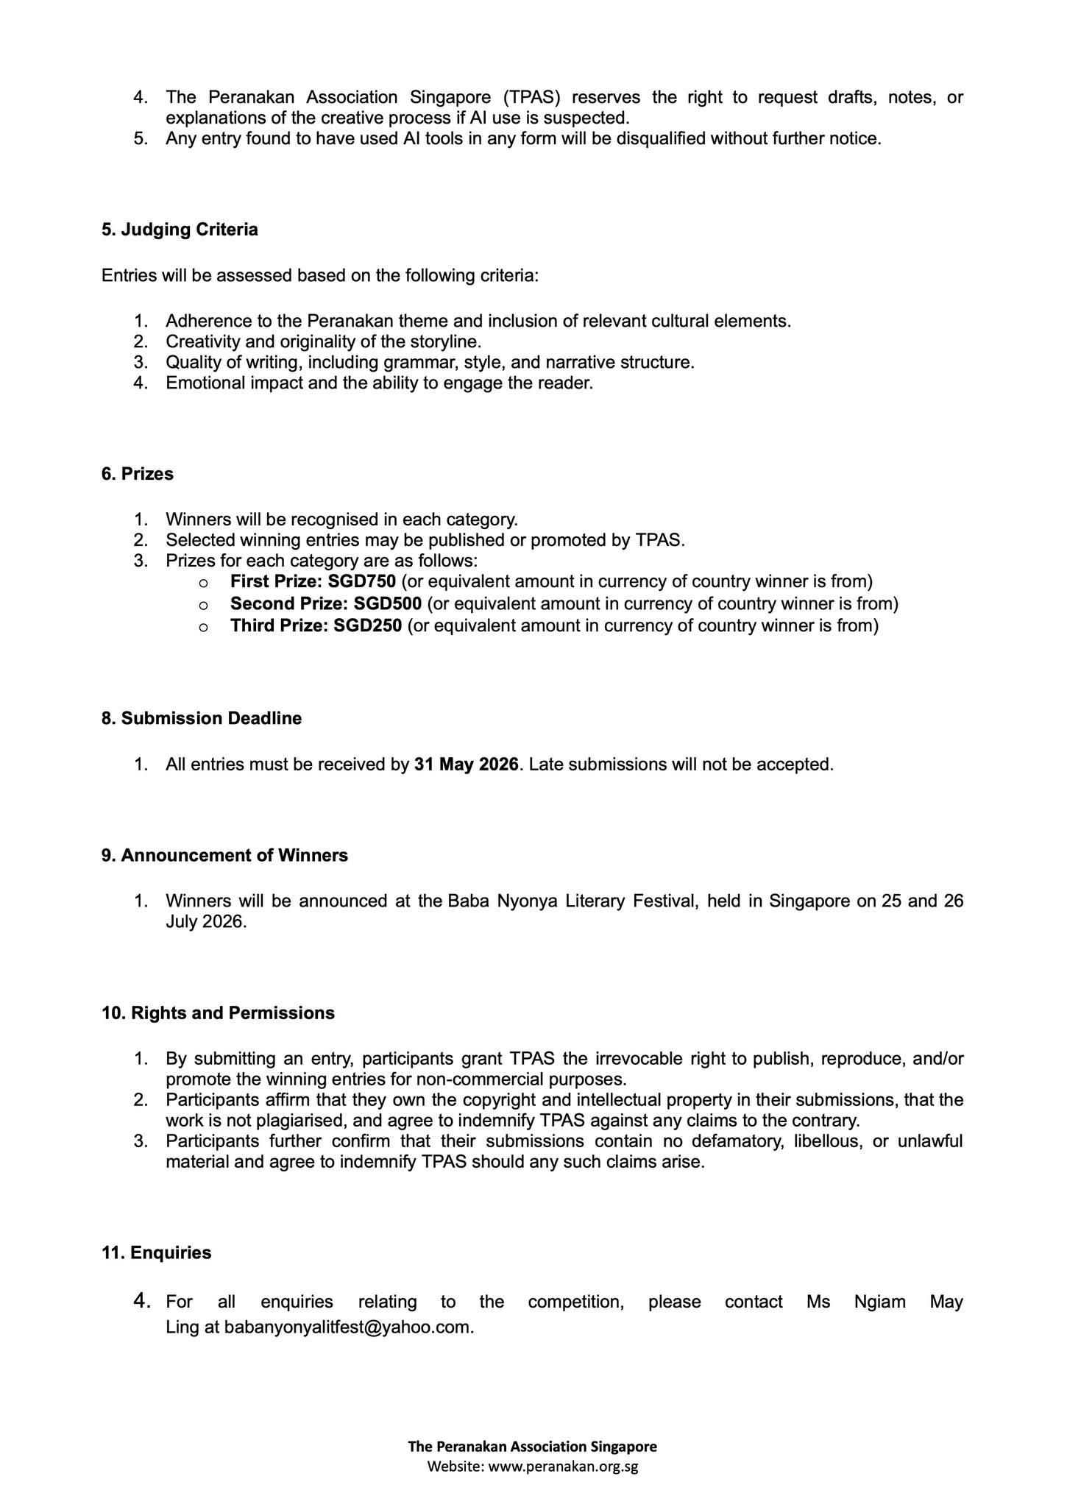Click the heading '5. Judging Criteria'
180,230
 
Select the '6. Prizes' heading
138,474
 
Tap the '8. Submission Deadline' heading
202,718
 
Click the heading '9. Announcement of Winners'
224,855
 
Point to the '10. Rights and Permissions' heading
218,1013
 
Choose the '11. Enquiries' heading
156,1252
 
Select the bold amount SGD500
387,603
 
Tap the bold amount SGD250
367,625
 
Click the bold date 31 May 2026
467,764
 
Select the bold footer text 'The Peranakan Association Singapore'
533,1446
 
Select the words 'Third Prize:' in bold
276,625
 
